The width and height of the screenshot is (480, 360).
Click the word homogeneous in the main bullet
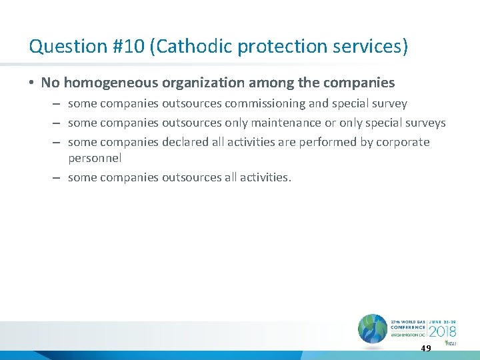pyautogui.click(x=121, y=83)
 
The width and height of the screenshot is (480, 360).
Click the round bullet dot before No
pyautogui.click(x=32, y=83)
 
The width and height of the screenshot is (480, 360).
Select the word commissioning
pyautogui.click(x=275, y=104)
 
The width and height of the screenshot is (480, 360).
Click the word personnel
pyautogui.click(x=95, y=159)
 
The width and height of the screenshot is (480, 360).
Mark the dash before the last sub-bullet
pyautogui.click(x=57, y=178)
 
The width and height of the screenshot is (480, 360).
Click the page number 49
pyautogui.click(x=426, y=349)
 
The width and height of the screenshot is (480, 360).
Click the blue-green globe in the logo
pyautogui.click(x=372, y=329)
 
